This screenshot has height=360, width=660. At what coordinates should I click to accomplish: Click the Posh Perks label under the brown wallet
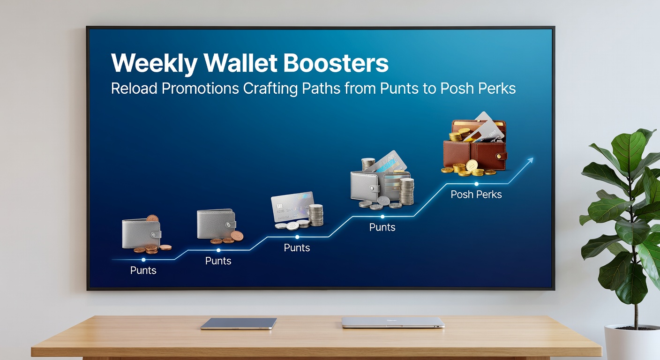point(476,195)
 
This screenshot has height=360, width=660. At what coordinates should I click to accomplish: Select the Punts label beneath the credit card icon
point(297,247)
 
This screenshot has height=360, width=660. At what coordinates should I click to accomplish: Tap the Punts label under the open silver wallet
point(382,227)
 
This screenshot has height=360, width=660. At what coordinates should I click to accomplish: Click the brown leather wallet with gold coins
point(474,145)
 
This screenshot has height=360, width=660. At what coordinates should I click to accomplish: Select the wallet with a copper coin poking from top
point(141,233)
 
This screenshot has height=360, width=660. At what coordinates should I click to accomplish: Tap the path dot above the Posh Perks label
point(476,184)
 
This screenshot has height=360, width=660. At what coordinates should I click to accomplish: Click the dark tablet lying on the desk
point(238,323)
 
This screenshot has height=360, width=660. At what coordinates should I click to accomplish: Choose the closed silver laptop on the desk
point(393,322)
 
